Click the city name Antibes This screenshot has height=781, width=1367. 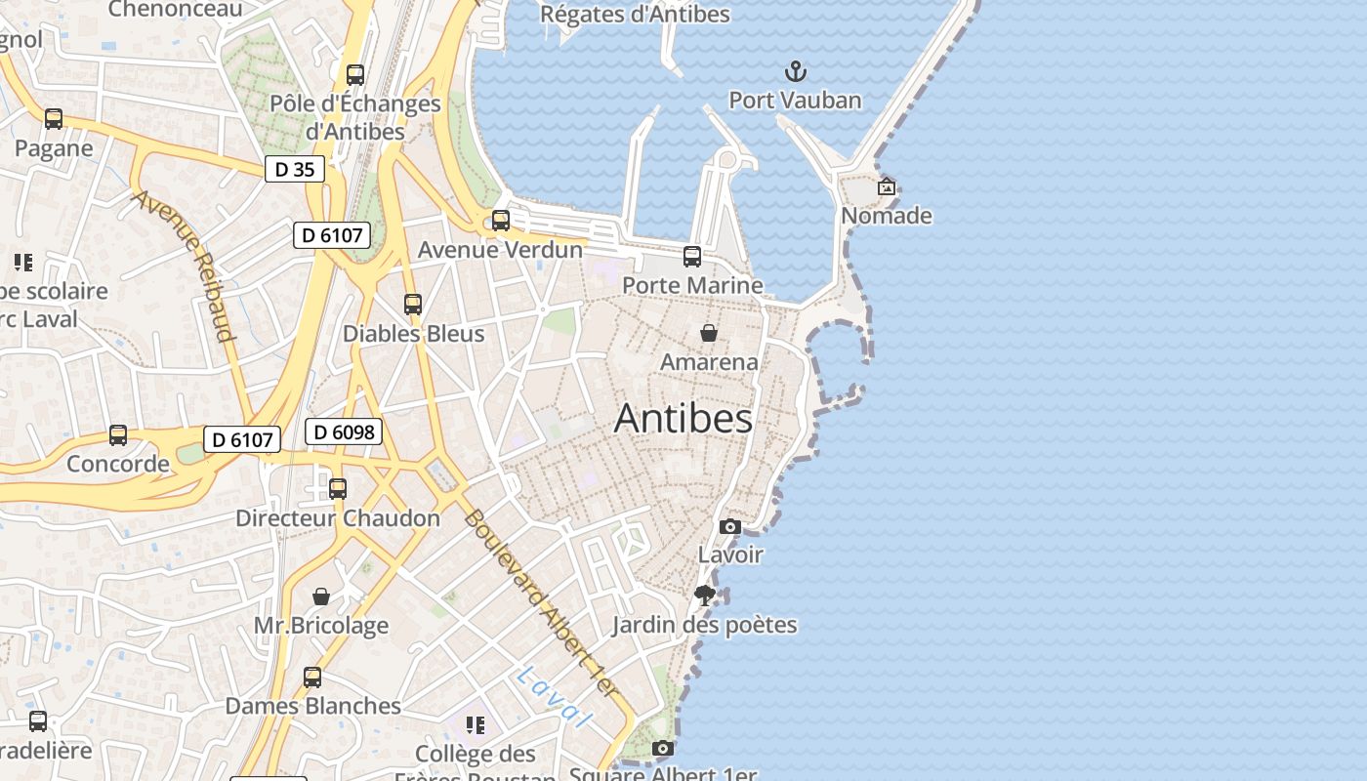pyautogui.click(x=683, y=419)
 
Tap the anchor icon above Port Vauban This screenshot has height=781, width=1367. pyautogui.click(x=796, y=71)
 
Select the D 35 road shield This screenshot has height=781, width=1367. pyautogui.click(x=294, y=169)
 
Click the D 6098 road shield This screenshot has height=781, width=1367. pyautogui.click(x=343, y=432)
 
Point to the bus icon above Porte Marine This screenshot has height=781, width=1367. pyautogui.click(x=692, y=257)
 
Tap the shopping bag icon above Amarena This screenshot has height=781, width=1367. pyautogui.click(x=709, y=333)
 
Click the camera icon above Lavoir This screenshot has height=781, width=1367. pyautogui.click(x=729, y=527)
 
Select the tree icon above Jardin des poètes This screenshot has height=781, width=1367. pyautogui.click(x=704, y=596)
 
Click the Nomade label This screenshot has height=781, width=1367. pyautogui.click(x=887, y=216)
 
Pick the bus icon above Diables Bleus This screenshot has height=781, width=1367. pyautogui.click(x=413, y=305)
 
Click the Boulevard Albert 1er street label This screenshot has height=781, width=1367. pyautogui.click(x=541, y=603)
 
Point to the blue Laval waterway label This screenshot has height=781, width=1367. pyautogui.click(x=555, y=696)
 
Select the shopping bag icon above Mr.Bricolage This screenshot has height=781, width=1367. pyautogui.click(x=321, y=596)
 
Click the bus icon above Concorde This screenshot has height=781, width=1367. pyautogui.click(x=118, y=435)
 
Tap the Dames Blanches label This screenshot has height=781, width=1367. pyautogui.click(x=312, y=706)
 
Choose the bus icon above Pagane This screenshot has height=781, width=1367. pyautogui.click(x=54, y=119)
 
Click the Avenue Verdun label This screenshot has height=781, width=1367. pyautogui.click(x=500, y=250)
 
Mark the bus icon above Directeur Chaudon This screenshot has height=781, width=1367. pyautogui.click(x=338, y=488)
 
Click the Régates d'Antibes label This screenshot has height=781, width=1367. pyautogui.click(x=635, y=15)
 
